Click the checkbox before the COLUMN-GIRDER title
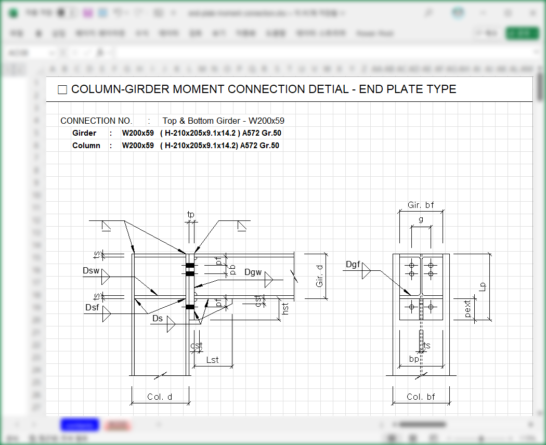[62, 90]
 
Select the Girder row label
[84, 133]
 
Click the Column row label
[86, 146]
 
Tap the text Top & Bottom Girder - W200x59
[223, 121]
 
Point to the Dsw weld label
[90, 271]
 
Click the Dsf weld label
[92, 308]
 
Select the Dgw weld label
[253, 272]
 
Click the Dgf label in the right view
[353, 265]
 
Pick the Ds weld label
[158, 318]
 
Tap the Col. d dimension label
[160, 397]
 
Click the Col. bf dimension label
[421, 397]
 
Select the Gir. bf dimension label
[421, 205]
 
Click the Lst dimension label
[213, 360]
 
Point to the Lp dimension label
[483, 286]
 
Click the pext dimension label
[468, 309]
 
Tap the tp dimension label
[191, 214]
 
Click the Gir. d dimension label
[320, 276]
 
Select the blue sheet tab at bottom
[80, 425]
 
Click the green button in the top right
[522, 33]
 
